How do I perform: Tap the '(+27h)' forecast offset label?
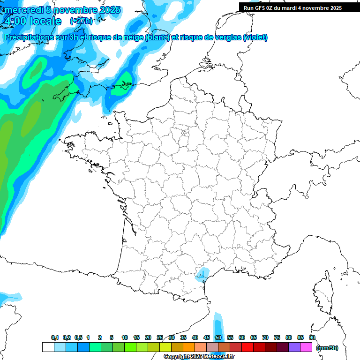point(82,21)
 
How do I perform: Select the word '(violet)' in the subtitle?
point(255,37)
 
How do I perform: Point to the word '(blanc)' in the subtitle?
point(157,37)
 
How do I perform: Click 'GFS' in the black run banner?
point(263,8)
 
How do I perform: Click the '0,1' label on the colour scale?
point(55,337)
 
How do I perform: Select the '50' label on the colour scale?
point(218,337)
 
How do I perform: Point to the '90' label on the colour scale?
point(312,337)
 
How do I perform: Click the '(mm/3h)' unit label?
point(327,347)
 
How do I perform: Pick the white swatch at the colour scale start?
point(48,347)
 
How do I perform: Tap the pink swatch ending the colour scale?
point(306,347)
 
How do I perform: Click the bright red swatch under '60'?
point(247,347)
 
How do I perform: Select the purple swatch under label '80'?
point(294,347)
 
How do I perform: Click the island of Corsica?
point(323,293)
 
